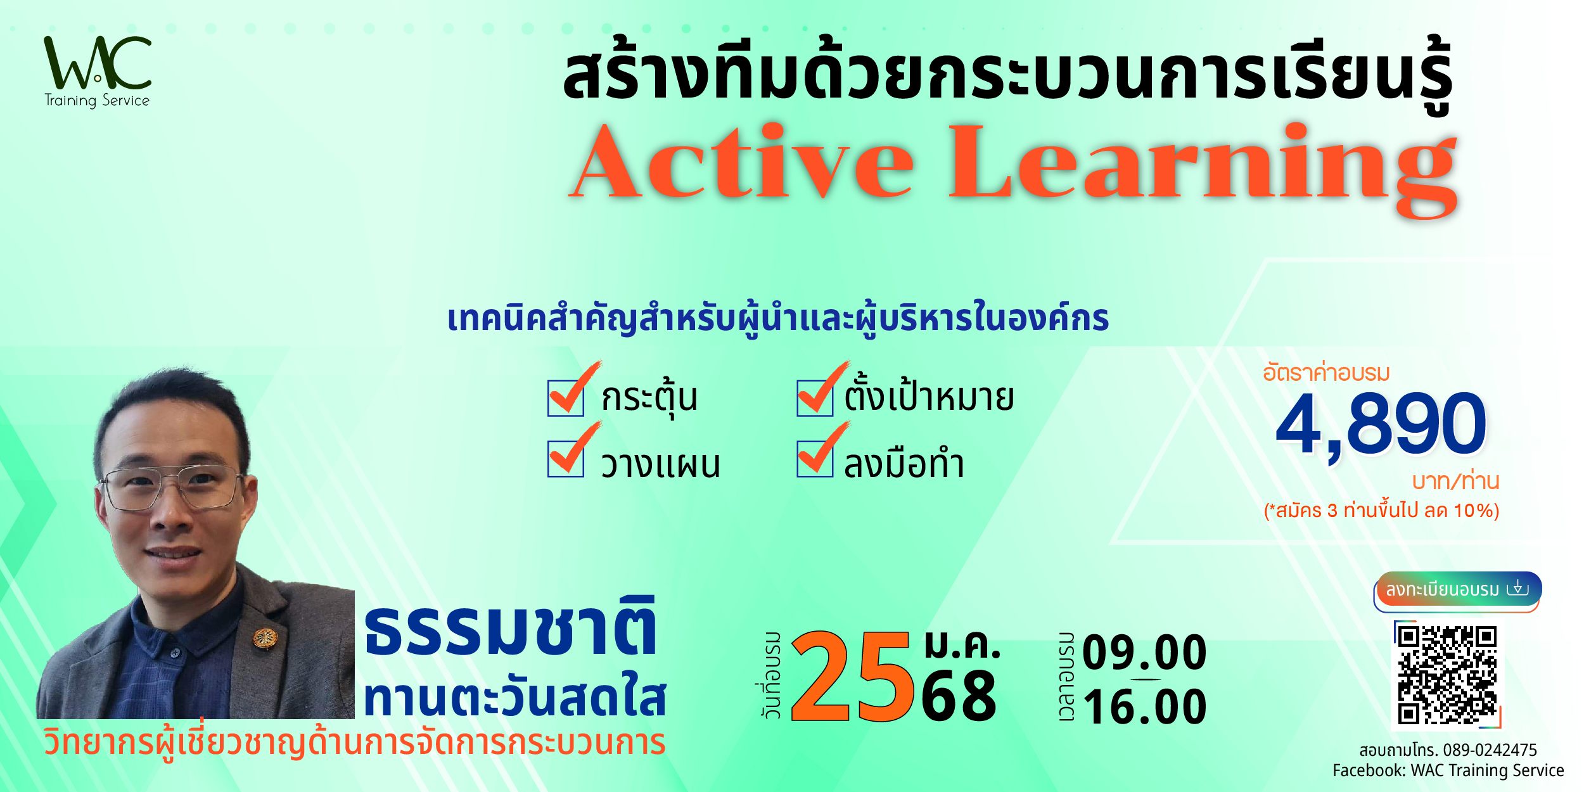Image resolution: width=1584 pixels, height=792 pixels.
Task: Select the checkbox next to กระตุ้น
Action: pos(566,398)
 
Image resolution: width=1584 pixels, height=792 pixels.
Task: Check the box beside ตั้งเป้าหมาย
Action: pos(815,398)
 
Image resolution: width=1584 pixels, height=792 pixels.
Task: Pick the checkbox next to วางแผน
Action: pos(566,459)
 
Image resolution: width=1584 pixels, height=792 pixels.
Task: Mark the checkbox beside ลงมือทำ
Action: pos(815,459)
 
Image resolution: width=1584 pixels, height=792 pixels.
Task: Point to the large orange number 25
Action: pos(852,677)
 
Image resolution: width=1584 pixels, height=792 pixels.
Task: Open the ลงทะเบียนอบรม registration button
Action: pos(1458,590)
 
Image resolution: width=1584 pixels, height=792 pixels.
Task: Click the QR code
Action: pos(1447,674)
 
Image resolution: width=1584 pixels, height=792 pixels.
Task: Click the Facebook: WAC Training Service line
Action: pos(1448,770)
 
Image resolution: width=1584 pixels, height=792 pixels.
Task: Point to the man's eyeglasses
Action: pos(170,487)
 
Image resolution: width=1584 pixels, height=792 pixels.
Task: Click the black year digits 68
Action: pos(959,697)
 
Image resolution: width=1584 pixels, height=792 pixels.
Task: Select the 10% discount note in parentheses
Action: pos(1381,511)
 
